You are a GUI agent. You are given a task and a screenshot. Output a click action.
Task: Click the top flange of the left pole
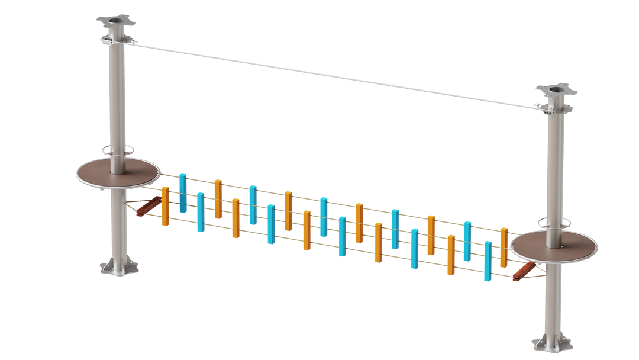[116, 22]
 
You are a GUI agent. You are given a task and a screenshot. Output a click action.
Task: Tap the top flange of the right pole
[556, 90]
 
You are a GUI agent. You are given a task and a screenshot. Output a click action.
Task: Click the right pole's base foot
[551, 343]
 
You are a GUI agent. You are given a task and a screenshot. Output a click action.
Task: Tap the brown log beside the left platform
[147, 206]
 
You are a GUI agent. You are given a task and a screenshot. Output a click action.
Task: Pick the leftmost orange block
[165, 205]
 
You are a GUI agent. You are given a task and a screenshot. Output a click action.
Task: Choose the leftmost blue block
[183, 192]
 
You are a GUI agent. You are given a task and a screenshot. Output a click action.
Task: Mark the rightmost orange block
[504, 246]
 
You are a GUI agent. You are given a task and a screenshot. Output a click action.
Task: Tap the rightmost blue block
[488, 261]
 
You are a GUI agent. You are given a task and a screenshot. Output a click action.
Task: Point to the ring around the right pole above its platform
[554, 223]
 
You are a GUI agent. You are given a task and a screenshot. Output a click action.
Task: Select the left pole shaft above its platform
[116, 101]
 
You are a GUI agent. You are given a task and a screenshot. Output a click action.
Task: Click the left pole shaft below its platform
[119, 225]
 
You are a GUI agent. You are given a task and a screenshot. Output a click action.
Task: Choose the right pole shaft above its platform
[554, 166]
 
